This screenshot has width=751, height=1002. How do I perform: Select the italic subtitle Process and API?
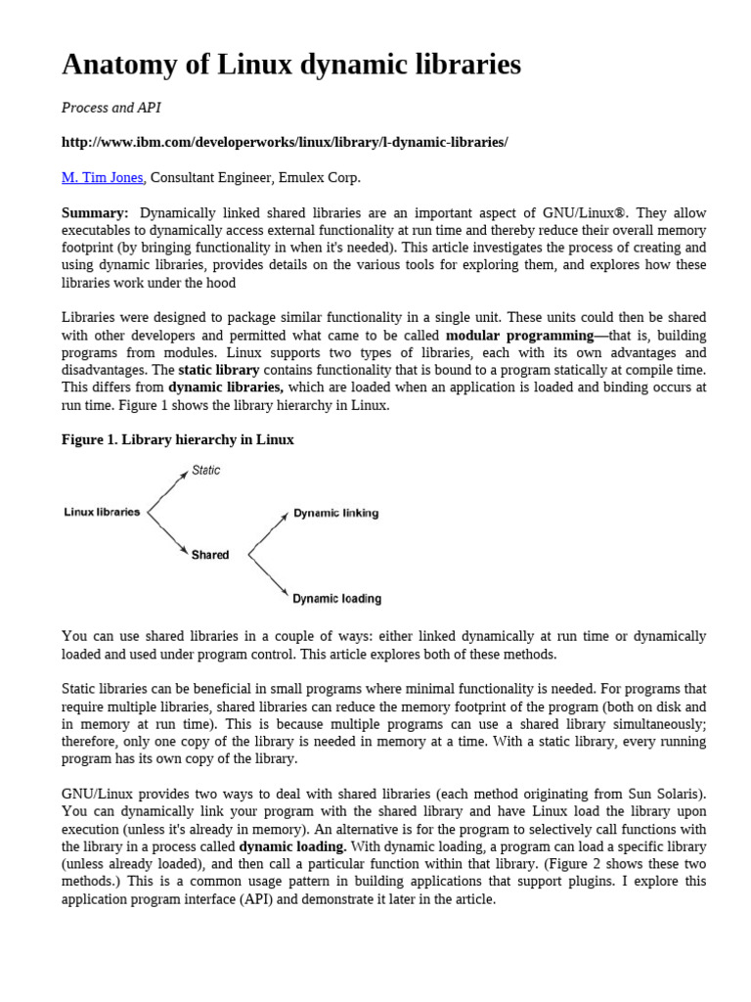[x=99, y=108]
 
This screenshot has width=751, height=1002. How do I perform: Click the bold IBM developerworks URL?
[x=285, y=142]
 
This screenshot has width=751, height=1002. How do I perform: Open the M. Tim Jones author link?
[x=103, y=177]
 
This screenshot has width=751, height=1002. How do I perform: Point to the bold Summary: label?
[x=95, y=213]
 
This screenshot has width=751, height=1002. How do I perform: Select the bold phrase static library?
[x=219, y=371]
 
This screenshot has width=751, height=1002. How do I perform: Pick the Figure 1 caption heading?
[x=178, y=440]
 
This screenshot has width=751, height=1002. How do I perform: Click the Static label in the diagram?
[x=206, y=471]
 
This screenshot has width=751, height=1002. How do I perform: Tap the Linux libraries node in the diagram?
[x=102, y=512]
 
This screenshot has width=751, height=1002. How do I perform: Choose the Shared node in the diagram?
[x=210, y=555]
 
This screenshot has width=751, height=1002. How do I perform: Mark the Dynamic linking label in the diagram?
[x=336, y=513]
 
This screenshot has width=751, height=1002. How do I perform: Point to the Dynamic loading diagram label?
[x=337, y=598]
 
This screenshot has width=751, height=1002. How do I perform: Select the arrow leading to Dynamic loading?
[x=270, y=576]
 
